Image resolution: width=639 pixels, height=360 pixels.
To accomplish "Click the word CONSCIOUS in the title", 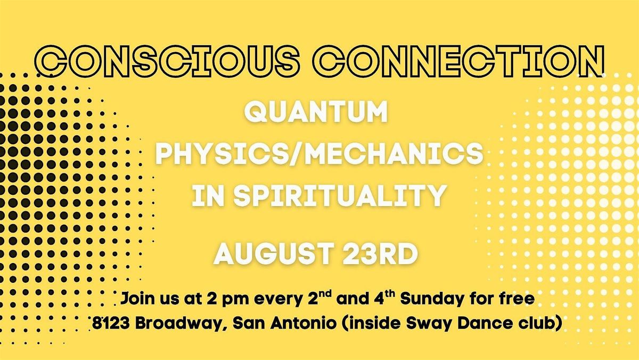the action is pyautogui.click(x=167, y=61).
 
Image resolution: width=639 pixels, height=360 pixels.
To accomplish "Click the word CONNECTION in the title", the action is pyautogui.click(x=458, y=61).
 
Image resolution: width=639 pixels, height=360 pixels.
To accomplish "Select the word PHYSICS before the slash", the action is pyautogui.click(x=219, y=153).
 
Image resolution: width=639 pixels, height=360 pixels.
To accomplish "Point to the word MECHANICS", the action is pyautogui.click(x=394, y=153).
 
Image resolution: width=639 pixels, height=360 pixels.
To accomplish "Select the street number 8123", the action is pyautogui.click(x=111, y=323).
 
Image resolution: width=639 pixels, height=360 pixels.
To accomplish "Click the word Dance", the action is pyautogui.click(x=473, y=323).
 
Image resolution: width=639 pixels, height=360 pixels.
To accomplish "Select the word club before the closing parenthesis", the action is pyautogui.click(x=530, y=323).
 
